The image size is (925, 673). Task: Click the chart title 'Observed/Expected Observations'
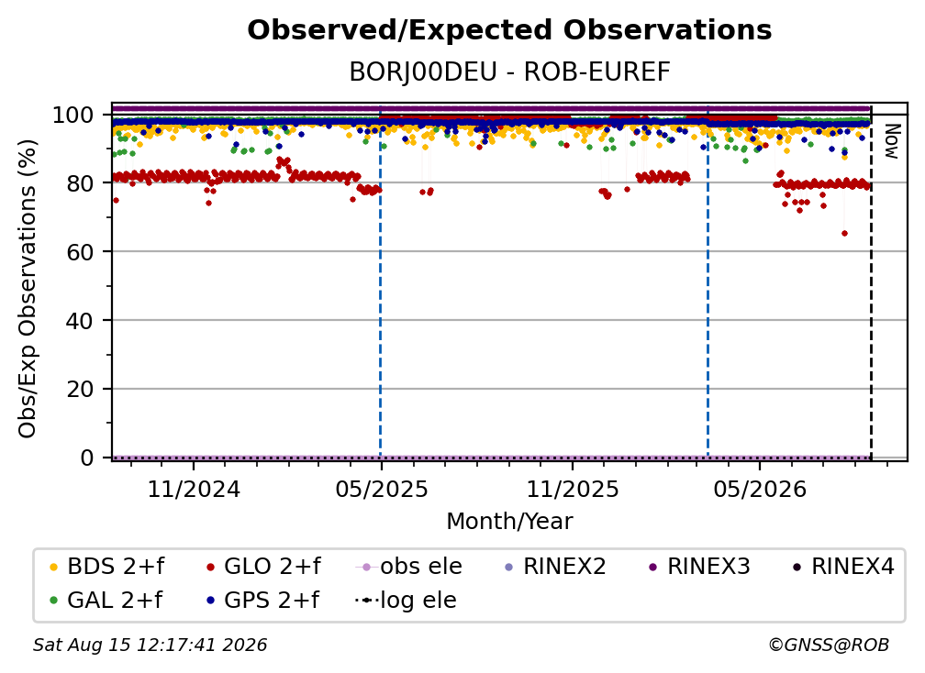pyautogui.click(x=509, y=30)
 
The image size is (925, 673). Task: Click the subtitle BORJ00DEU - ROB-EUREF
pyautogui.click(x=509, y=72)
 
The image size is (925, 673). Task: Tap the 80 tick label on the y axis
pyautogui.click(x=80, y=183)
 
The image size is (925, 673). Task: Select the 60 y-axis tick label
pyautogui.click(x=80, y=252)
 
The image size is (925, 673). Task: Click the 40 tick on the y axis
pyautogui.click(x=80, y=321)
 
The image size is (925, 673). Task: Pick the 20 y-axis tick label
pyautogui.click(x=80, y=390)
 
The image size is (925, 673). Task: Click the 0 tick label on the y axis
pyautogui.click(x=87, y=458)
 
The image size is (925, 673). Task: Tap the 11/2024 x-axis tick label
pyautogui.click(x=194, y=489)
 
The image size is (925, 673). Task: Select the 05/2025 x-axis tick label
pyautogui.click(x=381, y=489)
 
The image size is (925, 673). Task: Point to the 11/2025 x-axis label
pyautogui.click(x=573, y=489)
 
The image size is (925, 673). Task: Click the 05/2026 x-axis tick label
pyautogui.click(x=760, y=489)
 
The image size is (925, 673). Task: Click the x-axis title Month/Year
pyautogui.click(x=509, y=522)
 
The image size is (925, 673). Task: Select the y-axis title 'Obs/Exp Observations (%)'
pyautogui.click(x=28, y=288)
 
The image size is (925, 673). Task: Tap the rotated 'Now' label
pyautogui.click(x=891, y=141)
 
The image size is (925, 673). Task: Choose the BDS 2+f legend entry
pyautogui.click(x=106, y=567)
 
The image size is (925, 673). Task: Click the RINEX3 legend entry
pyautogui.click(x=699, y=567)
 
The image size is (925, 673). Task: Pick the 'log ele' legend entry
pyautogui.click(x=406, y=601)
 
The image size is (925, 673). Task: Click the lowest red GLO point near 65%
pyautogui.click(x=844, y=234)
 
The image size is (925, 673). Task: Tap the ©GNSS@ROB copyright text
pyautogui.click(x=829, y=645)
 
